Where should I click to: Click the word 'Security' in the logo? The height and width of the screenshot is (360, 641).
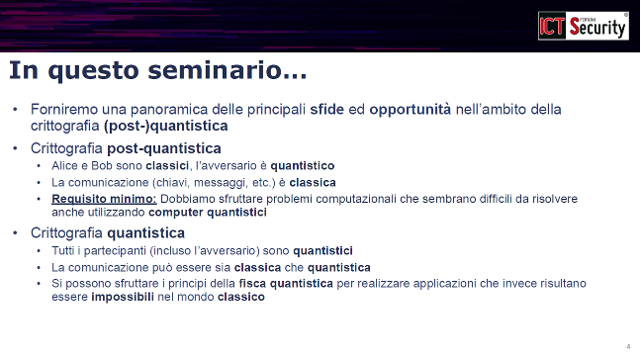pyautogui.click(x=596, y=29)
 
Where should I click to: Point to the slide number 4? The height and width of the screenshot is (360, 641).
pyautogui.click(x=628, y=345)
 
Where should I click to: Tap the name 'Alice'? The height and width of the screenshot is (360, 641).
pyautogui.click(x=64, y=165)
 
